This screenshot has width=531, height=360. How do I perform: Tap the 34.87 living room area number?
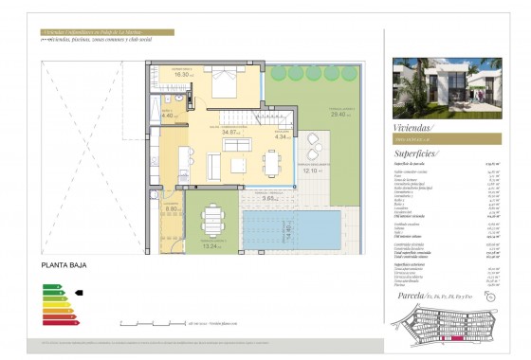pyautogui.click(x=229, y=133)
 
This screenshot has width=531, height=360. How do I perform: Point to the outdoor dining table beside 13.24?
pyautogui.click(x=211, y=224)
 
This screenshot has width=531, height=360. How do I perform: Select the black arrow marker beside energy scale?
pyautogui.click(x=79, y=293)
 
